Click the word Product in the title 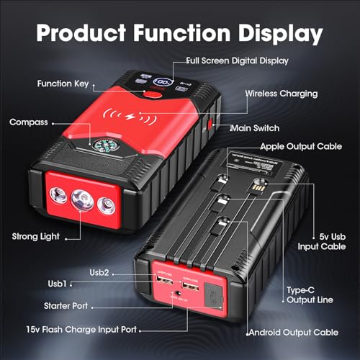[81, 33]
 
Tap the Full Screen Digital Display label [238, 60]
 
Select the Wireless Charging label [282, 94]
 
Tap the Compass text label [29, 122]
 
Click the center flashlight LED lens [83, 200]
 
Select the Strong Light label [36, 237]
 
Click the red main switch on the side [210, 125]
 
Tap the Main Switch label [255, 128]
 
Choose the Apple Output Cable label [301, 146]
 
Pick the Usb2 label [99, 273]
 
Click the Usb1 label [57, 284]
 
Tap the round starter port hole [179, 293]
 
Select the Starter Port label [66, 306]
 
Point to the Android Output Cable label [294, 333]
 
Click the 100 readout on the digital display [163, 82]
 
